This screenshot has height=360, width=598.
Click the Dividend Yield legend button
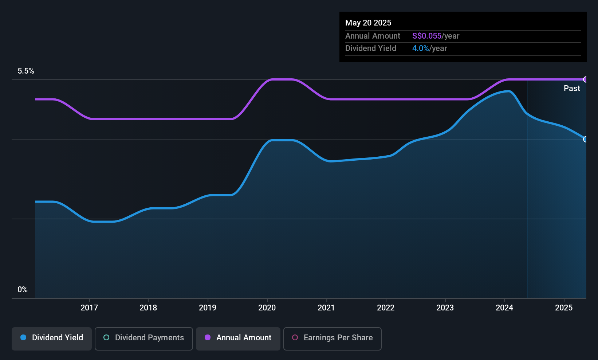[x=51, y=339]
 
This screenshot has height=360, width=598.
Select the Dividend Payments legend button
[x=143, y=339]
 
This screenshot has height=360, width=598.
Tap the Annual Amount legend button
[x=238, y=339]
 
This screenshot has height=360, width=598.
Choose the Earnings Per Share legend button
[x=333, y=339]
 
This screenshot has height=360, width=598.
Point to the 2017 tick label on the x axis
[x=89, y=308]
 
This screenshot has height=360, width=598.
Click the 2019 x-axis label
[x=208, y=308]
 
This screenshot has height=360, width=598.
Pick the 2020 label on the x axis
[x=267, y=308]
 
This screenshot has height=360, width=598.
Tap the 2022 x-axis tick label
[x=386, y=308]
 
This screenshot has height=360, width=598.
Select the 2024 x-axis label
[x=504, y=308]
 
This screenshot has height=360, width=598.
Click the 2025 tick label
[x=564, y=308]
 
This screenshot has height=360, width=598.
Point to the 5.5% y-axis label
[x=26, y=71]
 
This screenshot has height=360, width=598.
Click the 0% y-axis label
[x=23, y=290]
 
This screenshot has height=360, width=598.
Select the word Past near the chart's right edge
[x=572, y=89]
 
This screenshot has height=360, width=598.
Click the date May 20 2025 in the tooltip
[x=368, y=23]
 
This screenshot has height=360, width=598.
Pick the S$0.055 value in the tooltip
[x=426, y=36]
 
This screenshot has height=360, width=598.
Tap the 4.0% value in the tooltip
[x=421, y=48]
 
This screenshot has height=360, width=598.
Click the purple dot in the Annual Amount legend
[x=208, y=337]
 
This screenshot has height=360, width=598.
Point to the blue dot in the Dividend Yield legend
[x=24, y=337]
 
